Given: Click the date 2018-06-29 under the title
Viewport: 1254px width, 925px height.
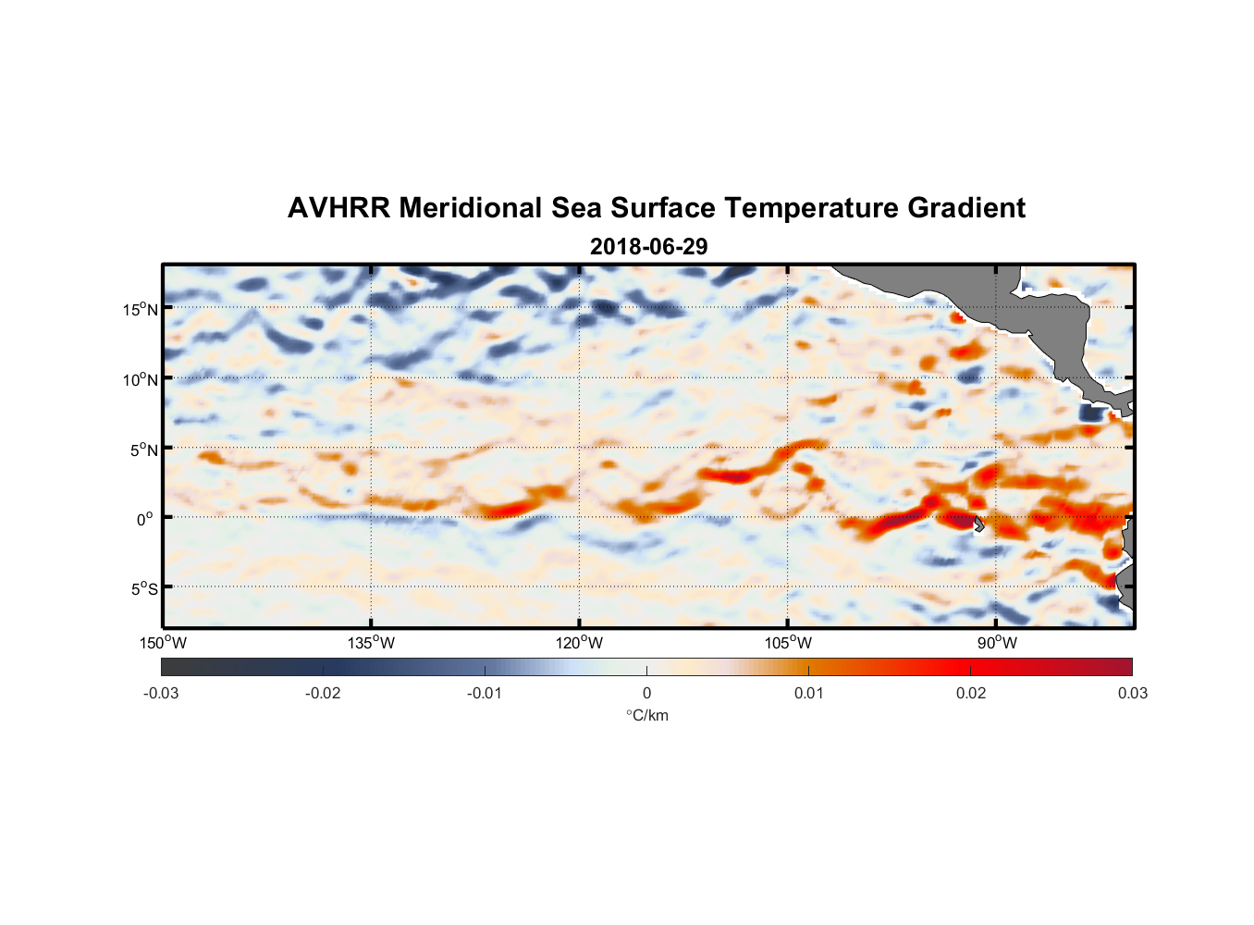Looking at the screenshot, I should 648,247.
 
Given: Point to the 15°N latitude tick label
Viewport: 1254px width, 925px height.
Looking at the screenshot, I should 140,309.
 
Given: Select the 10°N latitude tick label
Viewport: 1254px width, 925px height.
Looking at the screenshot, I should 140,379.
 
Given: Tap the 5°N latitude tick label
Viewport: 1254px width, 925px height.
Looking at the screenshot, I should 142,450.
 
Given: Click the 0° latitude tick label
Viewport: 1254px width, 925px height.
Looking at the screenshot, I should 145,519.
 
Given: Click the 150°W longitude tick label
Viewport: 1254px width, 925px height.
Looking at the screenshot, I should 163,643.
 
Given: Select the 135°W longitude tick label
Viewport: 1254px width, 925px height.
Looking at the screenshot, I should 371,643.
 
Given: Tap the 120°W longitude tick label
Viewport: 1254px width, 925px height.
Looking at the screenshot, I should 579,643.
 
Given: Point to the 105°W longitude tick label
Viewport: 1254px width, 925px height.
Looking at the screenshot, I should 787,643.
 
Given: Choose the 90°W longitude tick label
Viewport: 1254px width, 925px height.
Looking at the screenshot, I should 997,643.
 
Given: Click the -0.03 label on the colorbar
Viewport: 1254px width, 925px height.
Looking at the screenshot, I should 161,693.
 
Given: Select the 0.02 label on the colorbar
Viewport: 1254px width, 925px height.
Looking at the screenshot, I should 970,693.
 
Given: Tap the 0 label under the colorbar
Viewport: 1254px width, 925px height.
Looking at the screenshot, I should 646,693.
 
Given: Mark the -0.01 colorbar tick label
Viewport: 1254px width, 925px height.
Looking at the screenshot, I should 484,693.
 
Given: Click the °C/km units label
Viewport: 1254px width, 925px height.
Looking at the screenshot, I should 646,715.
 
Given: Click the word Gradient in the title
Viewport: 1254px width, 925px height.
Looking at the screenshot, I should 966,208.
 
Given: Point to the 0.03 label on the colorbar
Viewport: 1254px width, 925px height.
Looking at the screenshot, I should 1132,693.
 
